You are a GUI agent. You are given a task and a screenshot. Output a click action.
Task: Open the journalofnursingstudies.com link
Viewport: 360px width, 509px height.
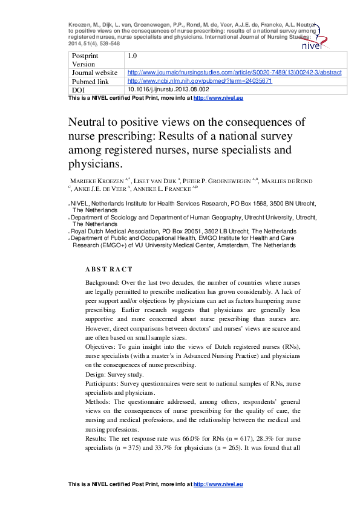pos(234,72)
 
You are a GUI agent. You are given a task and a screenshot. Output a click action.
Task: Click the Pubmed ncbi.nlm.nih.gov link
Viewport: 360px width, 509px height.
pos(199,80)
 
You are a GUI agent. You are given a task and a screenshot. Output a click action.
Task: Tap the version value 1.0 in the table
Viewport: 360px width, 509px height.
pos(133,56)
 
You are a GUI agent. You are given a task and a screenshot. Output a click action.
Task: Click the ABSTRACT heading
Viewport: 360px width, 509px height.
pos(108,269)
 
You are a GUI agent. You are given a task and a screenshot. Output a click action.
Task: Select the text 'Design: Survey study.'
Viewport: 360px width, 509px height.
pos(114,375)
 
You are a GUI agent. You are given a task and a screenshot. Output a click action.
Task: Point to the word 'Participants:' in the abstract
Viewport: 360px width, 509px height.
pos(105,384)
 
